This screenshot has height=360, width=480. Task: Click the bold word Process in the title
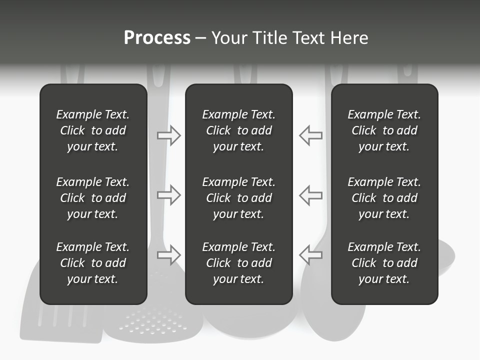tap(157, 38)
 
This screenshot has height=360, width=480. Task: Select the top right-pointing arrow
tap(169, 135)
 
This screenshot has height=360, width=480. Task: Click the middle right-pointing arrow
tap(169, 195)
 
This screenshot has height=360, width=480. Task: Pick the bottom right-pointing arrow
tap(169, 255)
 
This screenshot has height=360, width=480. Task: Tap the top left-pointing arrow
tap(310, 135)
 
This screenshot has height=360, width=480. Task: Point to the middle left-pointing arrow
tap(310, 195)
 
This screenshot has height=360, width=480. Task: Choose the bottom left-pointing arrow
tap(310, 255)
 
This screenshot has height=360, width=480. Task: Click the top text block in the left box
tap(93, 130)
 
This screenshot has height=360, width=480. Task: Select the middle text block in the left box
tap(93, 198)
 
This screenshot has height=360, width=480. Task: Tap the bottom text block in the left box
tap(93, 263)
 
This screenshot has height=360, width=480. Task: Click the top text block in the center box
tap(238, 130)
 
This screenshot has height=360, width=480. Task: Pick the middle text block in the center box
tap(238, 198)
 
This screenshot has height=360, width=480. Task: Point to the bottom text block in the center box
tap(238, 263)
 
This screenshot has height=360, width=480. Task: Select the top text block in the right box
tap(384, 130)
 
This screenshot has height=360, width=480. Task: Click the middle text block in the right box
tap(384, 198)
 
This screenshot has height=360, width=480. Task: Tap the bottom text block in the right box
tap(384, 263)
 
